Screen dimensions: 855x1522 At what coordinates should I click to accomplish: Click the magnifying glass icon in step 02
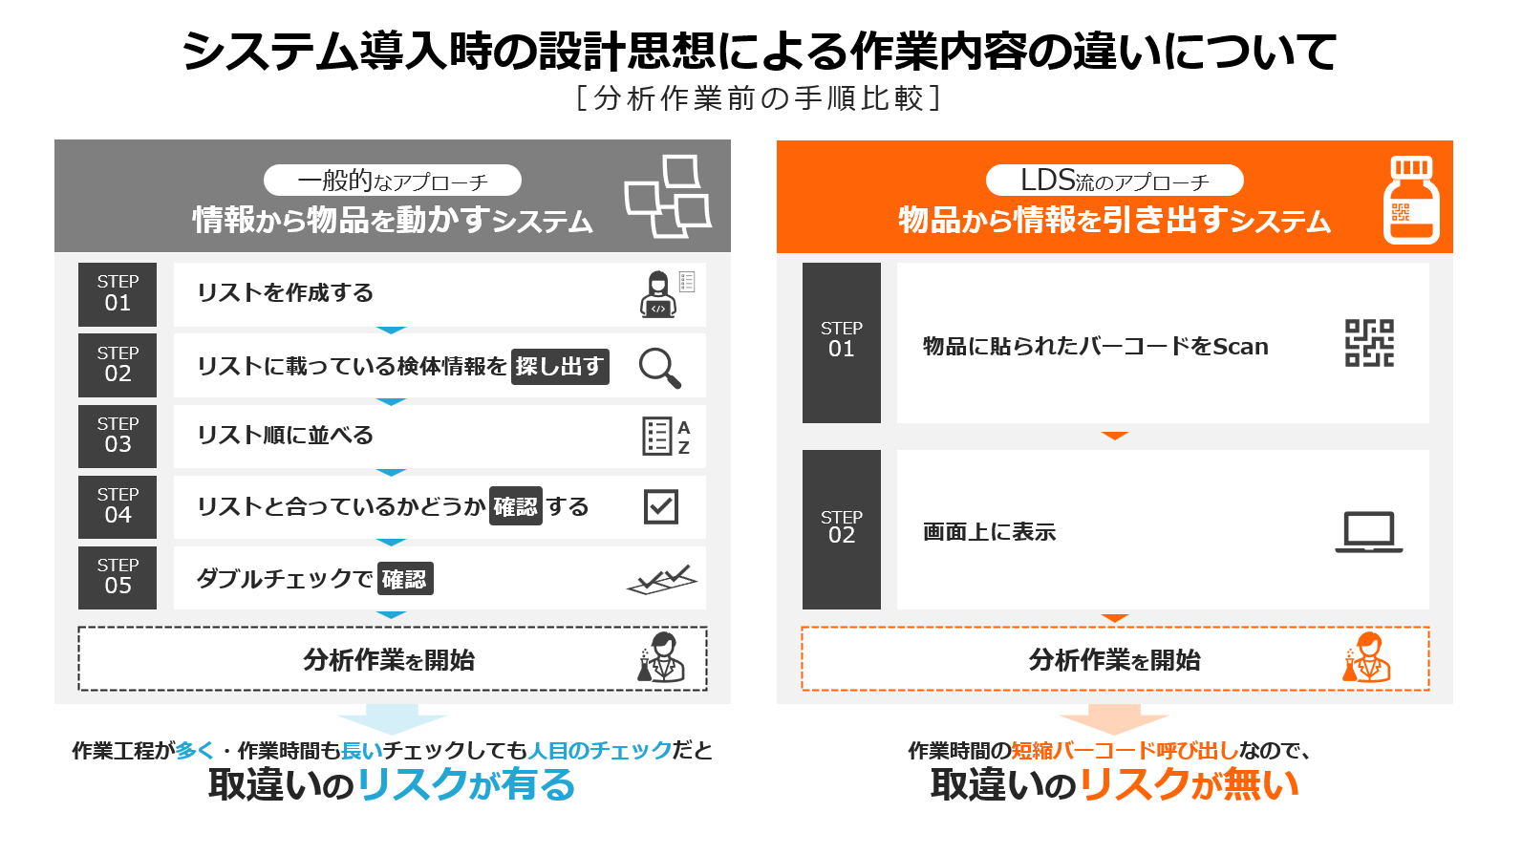click(659, 368)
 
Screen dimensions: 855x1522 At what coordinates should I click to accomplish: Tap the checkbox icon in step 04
click(661, 506)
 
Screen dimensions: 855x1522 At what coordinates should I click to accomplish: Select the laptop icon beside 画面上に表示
click(1369, 532)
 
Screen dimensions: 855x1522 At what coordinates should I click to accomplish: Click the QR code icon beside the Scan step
click(1369, 343)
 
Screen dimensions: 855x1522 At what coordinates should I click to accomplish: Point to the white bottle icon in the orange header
click(1411, 200)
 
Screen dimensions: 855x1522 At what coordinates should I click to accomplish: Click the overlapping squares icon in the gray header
click(667, 196)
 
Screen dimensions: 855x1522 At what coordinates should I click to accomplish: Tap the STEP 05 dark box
click(118, 577)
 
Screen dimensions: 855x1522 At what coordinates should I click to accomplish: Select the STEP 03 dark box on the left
click(118, 436)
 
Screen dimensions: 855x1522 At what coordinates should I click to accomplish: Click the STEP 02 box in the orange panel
click(841, 528)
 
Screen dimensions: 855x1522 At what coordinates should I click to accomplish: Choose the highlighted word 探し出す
click(560, 367)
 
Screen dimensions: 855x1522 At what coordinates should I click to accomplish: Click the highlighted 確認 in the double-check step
click(405, 579)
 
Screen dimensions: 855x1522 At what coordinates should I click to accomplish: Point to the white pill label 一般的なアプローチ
click(393, 181)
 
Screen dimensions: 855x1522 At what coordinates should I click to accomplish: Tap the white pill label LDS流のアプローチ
click(1114, 181)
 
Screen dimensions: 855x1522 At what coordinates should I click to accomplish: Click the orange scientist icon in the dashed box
click(1366, 658)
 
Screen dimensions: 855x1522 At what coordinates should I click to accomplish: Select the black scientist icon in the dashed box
click(661, 658)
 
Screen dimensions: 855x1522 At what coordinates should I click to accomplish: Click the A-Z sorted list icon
click(666, 437)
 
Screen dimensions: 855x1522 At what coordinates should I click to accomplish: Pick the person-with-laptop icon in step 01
click(659, 293)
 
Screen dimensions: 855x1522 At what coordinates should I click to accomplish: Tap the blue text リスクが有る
click(466, 785)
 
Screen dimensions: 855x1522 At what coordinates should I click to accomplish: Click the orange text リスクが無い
click(1190, 785)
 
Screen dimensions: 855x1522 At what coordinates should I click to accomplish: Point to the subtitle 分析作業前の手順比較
click(760, 98)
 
